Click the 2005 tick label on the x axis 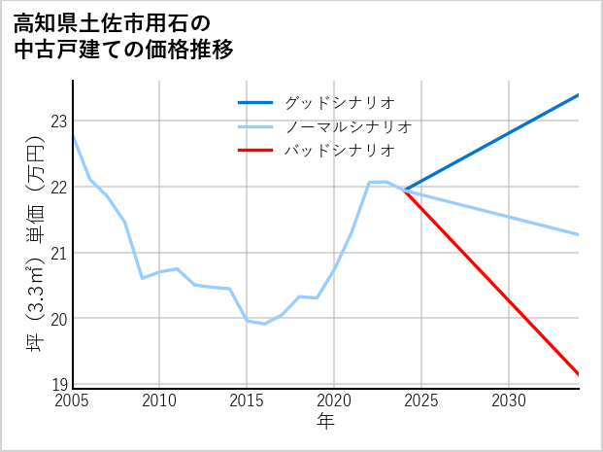[73, 400]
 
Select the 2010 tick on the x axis [160, 400]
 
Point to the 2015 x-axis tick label [247, 400]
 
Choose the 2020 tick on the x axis [334, 400]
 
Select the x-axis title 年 [326, 421]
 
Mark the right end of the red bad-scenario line [579, 373]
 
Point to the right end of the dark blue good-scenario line [579, 94]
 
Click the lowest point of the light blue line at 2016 [264, 324]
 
